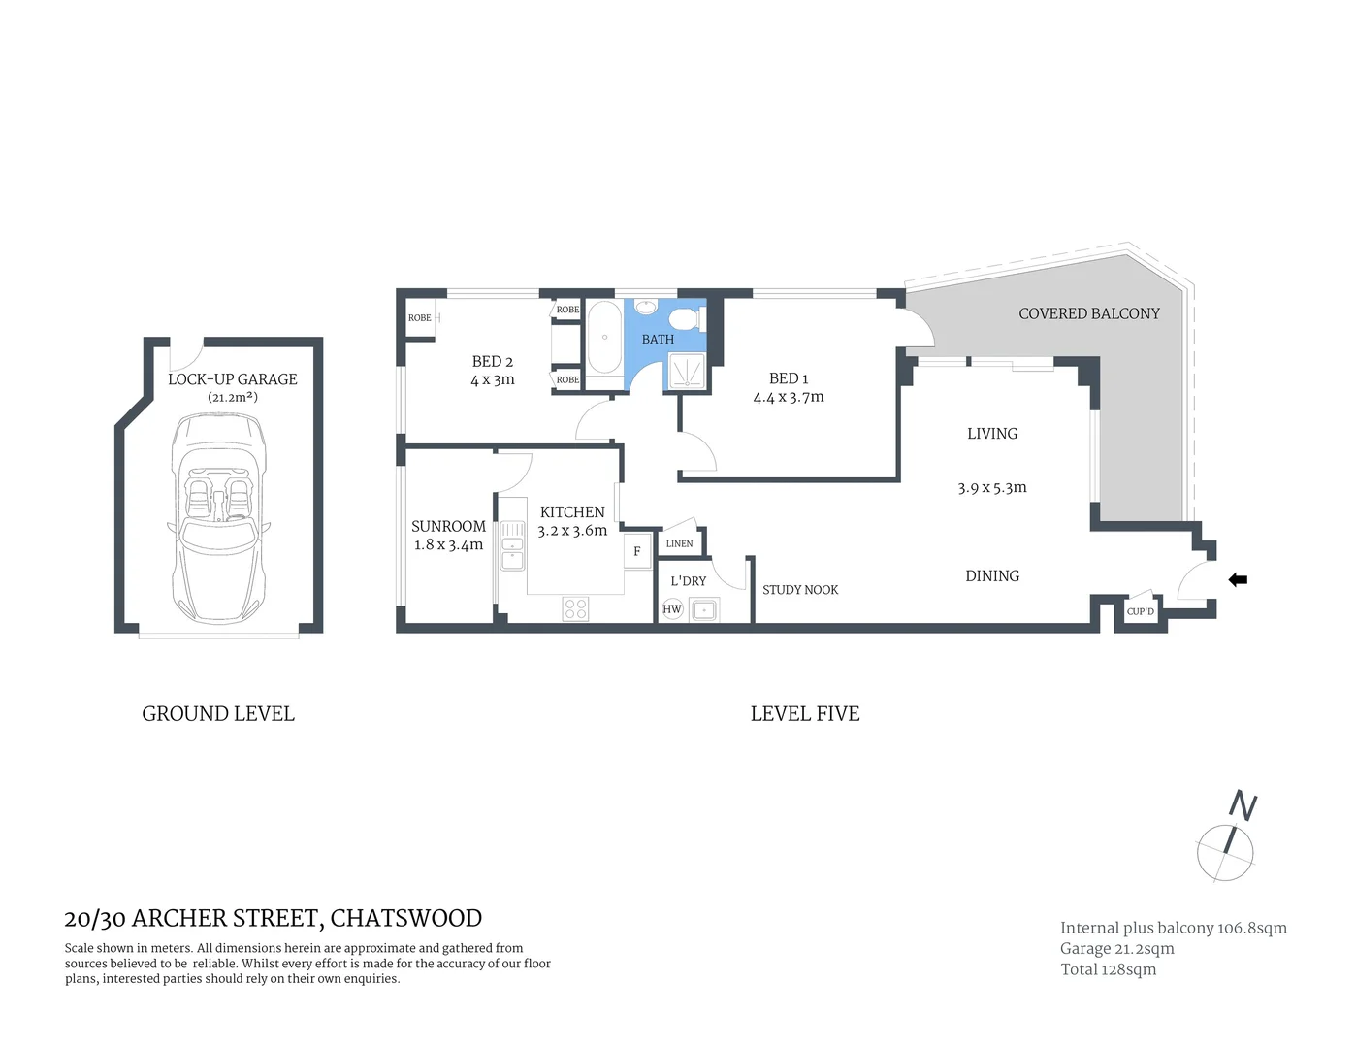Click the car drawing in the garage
tap(218, 519)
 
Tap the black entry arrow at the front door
tap(1238, 580)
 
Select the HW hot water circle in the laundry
tap(672, 609)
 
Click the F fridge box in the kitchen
tap(637, 551)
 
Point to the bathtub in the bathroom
tap(604, 338)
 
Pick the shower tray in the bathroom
tap(686, 372)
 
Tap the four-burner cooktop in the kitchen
tap(575, 608)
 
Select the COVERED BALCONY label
tap(1088, 313)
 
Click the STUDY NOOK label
tap(800, 590)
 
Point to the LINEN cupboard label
tap(680, 543)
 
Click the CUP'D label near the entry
tap(1141, 611)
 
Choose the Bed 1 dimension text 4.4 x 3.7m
tap(789, 397)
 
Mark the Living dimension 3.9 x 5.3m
tap(991, 488)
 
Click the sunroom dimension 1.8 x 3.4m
tap(448, 544)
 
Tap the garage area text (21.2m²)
tap(233, 397)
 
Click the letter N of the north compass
tap(1243, 805)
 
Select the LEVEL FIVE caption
tap(805, 714)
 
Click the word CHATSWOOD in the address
tap(406, 918)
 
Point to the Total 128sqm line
tap(1108, 969)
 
